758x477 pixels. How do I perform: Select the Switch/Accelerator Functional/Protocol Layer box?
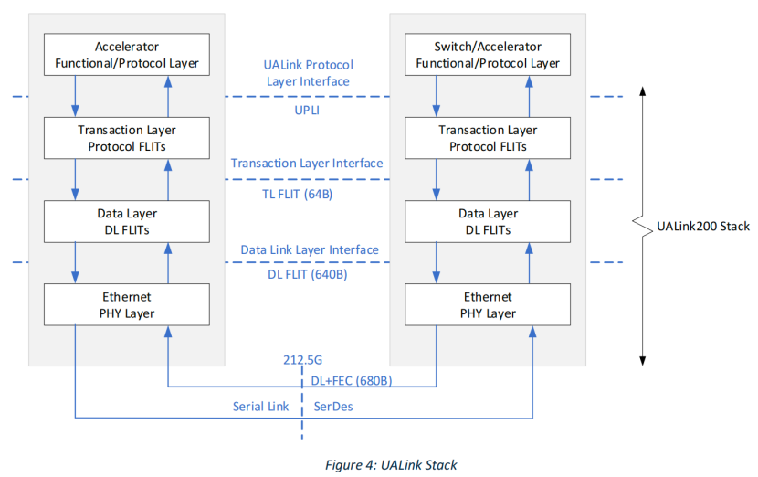(x=488, y=56)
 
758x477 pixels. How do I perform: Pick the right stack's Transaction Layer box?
(x=488, y=138)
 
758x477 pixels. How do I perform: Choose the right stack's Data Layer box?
(x=488, y=221)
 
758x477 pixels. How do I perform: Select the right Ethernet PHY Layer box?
(x=488, y=304)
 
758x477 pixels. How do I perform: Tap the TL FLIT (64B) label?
(x=307, y=194)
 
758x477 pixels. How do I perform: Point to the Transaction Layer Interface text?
(x=307, y=164)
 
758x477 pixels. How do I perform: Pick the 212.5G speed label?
(x=304, y=359)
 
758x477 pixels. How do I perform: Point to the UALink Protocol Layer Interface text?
(x=309, y=73)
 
